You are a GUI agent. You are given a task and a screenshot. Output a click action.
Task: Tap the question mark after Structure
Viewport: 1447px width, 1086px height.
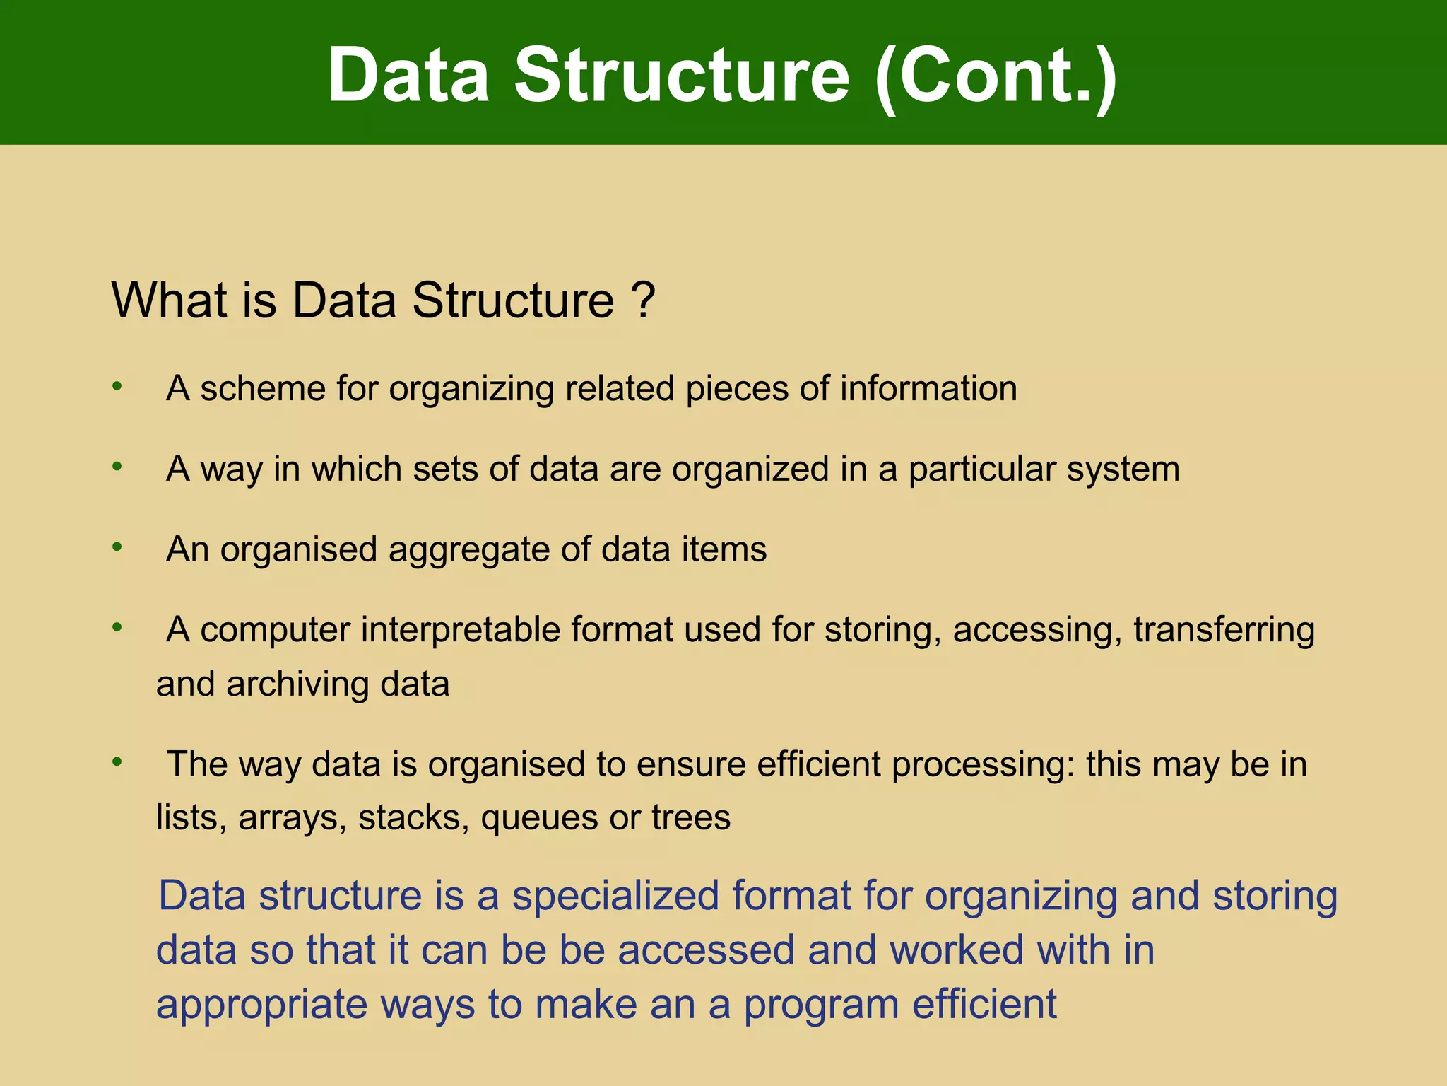click(x=643, y=300)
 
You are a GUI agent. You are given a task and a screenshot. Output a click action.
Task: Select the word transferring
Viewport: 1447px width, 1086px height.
click(x=1224, y=630)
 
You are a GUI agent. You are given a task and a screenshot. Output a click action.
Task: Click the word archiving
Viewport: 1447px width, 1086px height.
click(x=297, y=684)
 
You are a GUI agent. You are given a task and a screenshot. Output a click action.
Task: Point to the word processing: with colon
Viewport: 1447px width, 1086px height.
click(x=983, y=765)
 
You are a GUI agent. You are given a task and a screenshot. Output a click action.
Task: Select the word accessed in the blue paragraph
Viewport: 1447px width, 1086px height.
click(x=706, y=950)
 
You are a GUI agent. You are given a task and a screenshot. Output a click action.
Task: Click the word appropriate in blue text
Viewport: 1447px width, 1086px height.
click(x=262, y=1005)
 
